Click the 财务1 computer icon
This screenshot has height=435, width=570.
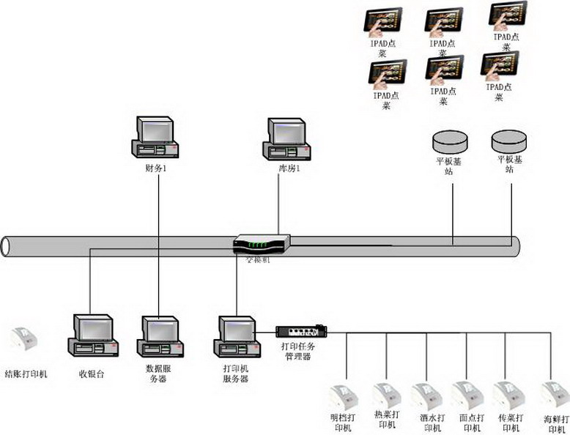pos(155,138)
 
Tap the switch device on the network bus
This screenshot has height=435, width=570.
pos(262,245)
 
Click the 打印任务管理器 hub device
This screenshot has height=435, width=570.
pos(300,331)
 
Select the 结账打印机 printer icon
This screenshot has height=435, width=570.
pos(25,343)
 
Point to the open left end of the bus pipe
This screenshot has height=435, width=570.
pos(6,246)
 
